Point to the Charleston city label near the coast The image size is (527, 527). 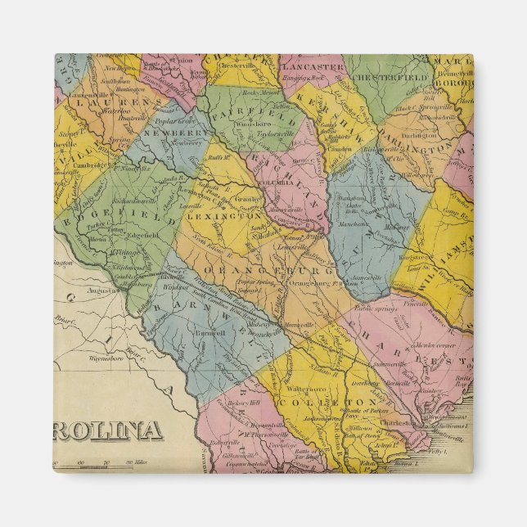pos(399,423)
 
